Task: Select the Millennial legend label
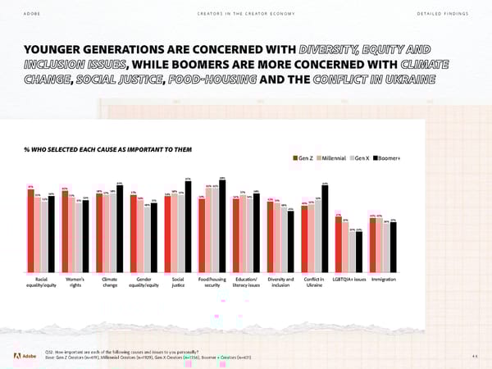point(332,157)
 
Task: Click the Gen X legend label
point(362,157)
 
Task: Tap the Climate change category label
point(110,283)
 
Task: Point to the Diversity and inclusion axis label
point(280,283)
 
